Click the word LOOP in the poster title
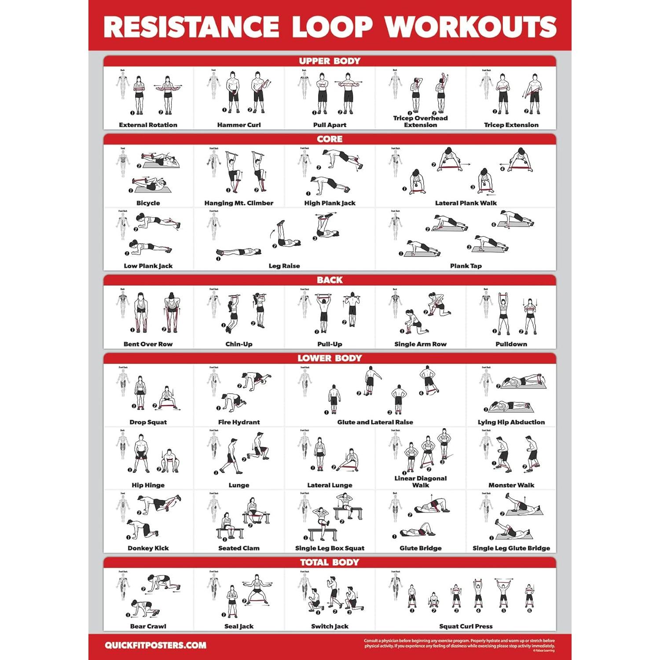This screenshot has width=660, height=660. [332, 27]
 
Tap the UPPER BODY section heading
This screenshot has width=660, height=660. [330, 61]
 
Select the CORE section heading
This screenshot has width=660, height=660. [330, 139]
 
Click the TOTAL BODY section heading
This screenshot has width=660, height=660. [330, 562]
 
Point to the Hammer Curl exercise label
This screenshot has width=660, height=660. [238, 125]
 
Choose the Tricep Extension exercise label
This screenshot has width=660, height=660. [511, 125]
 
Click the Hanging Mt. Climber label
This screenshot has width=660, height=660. [238, 203]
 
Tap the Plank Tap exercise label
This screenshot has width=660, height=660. [466, 266]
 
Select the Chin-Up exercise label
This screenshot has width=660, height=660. [238, 344]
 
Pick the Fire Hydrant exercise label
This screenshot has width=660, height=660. [238, 422]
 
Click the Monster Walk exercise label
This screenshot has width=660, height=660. [511, 485]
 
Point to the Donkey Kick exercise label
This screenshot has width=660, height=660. [148, 548]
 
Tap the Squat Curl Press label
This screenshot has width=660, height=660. [466, 626]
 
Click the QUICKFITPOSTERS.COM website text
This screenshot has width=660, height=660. [155, 645]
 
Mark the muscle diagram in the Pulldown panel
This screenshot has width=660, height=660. [486, 304]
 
